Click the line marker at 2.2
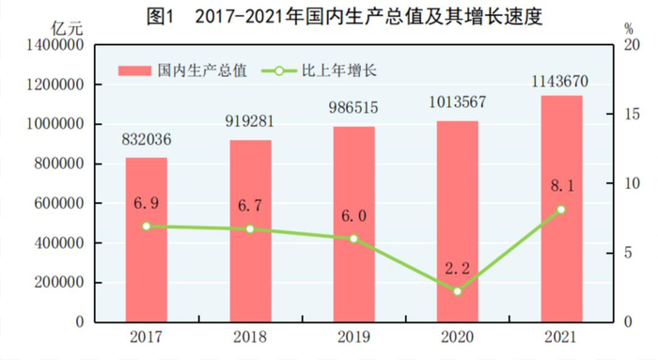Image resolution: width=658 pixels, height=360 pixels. click(457, 291)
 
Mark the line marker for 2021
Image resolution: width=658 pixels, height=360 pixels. click(560, 210)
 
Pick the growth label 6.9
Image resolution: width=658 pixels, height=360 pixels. click(147, 203)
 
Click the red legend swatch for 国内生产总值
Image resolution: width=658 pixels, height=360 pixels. click(134, 70)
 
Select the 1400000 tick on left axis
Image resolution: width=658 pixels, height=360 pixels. click(57, 45)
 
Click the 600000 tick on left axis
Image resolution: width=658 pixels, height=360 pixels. click(62, 203)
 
